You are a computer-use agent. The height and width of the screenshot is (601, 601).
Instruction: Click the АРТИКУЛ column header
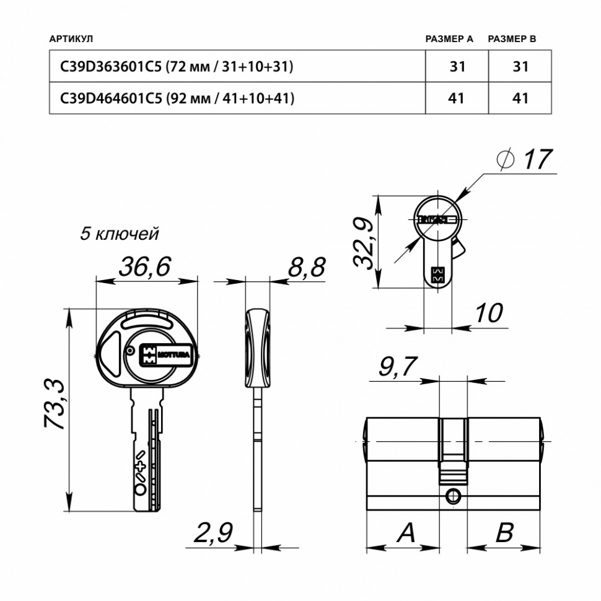tap(71, 39)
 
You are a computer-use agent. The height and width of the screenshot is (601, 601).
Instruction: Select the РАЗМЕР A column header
tap(449, 39)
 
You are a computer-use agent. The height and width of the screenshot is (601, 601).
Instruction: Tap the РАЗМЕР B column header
tap(512, 39)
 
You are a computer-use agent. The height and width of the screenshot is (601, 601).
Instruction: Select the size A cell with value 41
tap(457, 98)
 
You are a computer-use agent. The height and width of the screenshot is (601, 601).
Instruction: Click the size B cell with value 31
tap(520, 66)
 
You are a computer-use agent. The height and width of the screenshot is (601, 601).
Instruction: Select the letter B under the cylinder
tap(505, 532)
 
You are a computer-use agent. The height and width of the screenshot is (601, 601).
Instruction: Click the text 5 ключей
tap(120, 234)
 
